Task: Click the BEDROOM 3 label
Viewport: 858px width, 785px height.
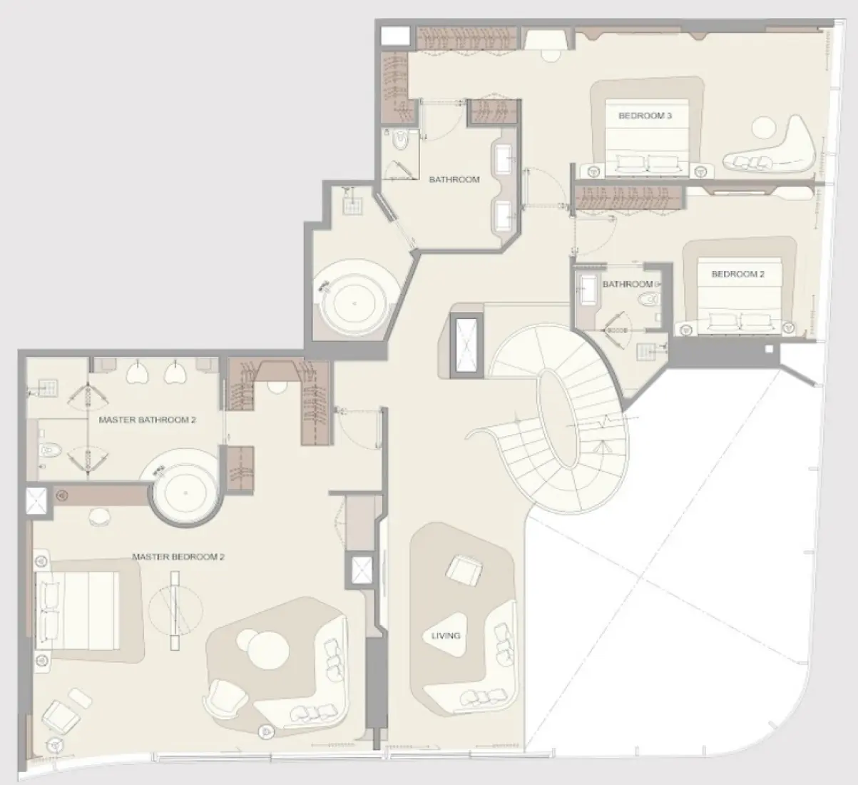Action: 645,116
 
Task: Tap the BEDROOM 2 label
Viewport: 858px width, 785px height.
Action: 738,274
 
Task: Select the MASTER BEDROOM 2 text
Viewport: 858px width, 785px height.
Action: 178,557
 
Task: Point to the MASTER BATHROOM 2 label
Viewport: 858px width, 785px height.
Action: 147,420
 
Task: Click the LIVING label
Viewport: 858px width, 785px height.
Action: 446,635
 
